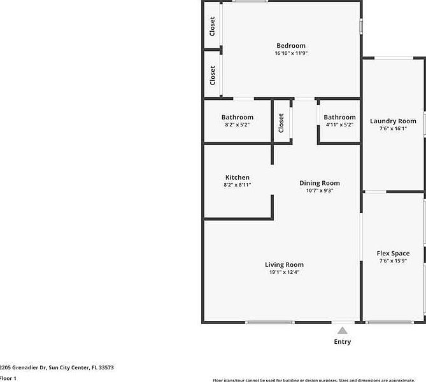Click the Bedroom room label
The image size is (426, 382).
point(290,46)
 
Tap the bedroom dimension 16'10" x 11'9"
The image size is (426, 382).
point(290,53)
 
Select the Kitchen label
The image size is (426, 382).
point(237,177)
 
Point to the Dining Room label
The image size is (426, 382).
point(320,183)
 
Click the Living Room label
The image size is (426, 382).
point(284,264)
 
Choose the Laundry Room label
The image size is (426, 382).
point(393,121)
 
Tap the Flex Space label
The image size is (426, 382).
point(393,253)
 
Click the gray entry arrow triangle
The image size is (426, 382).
point(342,330)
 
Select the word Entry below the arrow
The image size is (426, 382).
point(342,342)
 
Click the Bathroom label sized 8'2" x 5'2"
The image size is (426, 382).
point(237,117)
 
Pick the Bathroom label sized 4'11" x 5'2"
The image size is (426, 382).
point(339,117)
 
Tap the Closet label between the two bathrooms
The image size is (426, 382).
point(281,123)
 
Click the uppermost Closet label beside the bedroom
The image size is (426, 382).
point(213,26)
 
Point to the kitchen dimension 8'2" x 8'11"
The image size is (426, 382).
point(237,185)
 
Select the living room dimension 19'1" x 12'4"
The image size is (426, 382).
point(284,272)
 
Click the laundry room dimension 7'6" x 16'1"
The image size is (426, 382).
point(393,128)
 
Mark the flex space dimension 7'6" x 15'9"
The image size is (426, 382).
point(393,261)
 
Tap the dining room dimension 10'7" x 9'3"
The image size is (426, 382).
point(320,191)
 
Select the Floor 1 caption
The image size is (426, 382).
point(8,378)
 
